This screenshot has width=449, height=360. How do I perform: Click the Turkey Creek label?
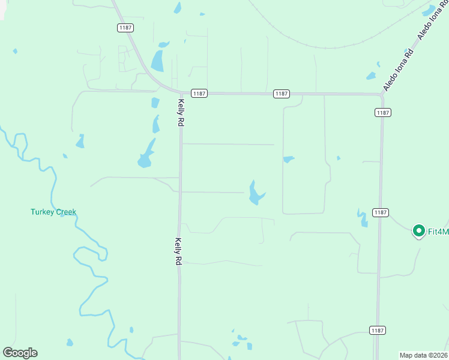[53, 212]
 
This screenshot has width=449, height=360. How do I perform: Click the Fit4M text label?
[438, 230]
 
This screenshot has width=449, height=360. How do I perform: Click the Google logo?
[20, 353]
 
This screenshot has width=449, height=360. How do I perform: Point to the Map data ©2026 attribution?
[423, 355]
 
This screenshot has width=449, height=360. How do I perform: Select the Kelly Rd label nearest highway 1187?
[180, 112]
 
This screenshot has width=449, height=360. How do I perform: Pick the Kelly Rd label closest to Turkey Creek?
[178, 251]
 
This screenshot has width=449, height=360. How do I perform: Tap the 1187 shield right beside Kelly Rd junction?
[199, 93]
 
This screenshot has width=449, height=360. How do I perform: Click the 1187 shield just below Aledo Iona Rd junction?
[383, 112]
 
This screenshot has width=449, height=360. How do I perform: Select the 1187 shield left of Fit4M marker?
[380, 212]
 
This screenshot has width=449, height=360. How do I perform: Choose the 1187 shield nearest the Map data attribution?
[377, 331]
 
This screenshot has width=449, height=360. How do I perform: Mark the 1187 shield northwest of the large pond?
[125, 28]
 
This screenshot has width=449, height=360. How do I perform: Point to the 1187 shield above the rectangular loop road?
[281, 94]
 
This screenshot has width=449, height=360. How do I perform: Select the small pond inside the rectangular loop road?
[289, 160]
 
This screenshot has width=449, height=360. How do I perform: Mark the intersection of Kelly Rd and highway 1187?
[181, 93]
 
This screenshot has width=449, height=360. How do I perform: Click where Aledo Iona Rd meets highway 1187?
[382, 94]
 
